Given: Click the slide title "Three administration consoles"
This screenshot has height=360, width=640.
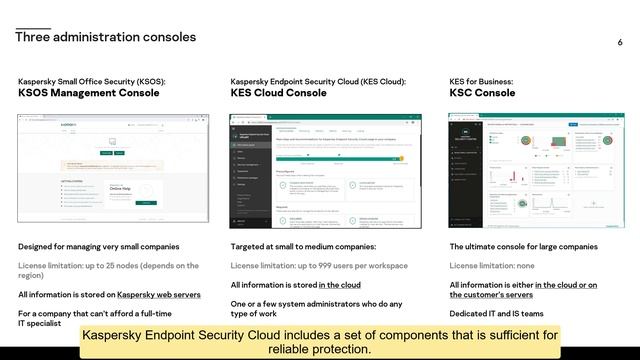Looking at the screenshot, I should pos(105,37).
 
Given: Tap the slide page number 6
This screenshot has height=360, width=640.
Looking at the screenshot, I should pos(620,43).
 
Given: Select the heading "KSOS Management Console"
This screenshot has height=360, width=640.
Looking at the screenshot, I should pos(89,93).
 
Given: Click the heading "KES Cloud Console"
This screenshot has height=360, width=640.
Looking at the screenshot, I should pos(278,93).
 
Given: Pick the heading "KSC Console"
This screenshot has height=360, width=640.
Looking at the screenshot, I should pos(483,93).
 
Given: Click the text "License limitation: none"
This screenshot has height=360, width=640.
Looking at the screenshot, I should pos(498,266).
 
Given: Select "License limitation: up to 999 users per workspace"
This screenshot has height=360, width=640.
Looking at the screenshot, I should pos(319,266).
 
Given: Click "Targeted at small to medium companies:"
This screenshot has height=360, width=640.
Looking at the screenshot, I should pos(303,246).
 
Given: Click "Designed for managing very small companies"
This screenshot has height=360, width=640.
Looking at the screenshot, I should pos(99,246).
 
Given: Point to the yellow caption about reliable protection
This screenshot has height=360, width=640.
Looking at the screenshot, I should pos(320,341).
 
